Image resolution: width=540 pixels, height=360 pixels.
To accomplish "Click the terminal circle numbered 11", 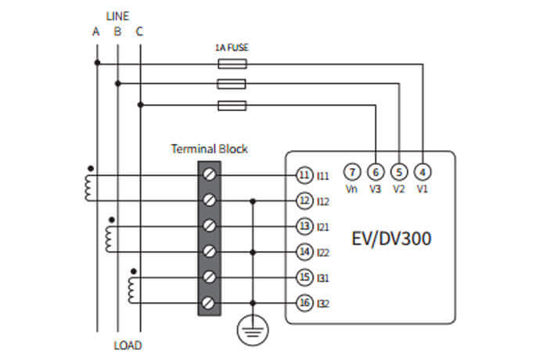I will point(304,175).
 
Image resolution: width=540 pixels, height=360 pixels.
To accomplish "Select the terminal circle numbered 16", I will point(304,302).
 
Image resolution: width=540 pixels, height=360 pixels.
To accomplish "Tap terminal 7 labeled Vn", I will point(352,171).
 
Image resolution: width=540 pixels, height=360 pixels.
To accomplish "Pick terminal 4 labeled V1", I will point(423,171).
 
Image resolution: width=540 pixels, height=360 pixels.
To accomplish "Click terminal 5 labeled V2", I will point(399,171).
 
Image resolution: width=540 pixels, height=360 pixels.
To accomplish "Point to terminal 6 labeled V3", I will point(376,171).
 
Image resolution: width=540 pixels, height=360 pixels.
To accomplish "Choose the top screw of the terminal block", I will point(210,175).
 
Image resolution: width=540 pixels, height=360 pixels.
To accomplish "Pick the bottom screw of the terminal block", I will point(210,302).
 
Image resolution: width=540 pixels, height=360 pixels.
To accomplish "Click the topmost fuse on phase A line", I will point(231,64).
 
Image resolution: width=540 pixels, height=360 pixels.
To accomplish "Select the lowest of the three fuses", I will point(231,104).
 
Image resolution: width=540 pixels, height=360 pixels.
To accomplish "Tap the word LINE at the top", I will point(117,15).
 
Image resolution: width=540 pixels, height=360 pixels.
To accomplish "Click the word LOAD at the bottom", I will point(128,345).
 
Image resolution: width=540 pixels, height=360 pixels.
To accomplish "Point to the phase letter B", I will point(117,32).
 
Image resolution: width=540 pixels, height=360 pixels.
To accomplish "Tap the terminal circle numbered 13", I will point(304,226).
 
